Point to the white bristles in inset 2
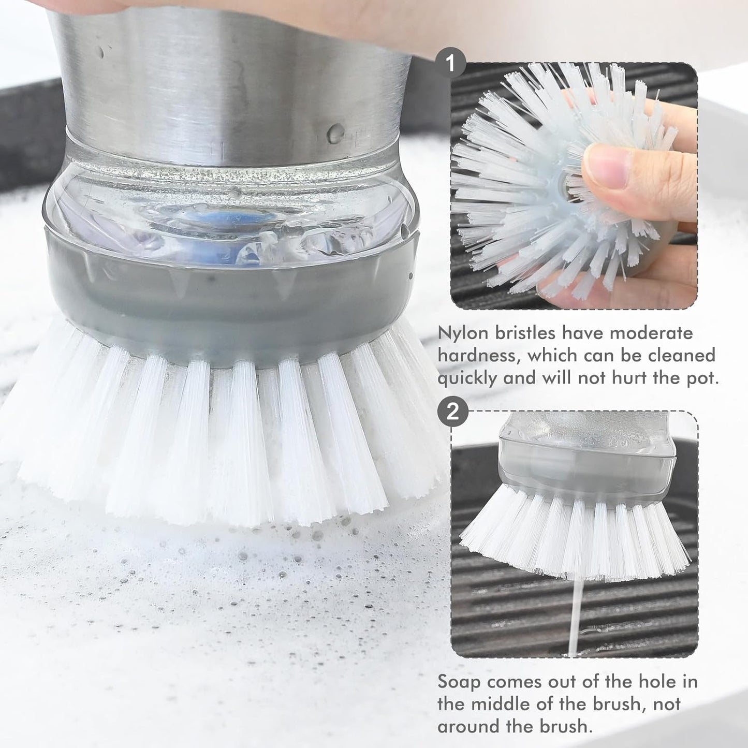pyautogui.click(x=575, y=533)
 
